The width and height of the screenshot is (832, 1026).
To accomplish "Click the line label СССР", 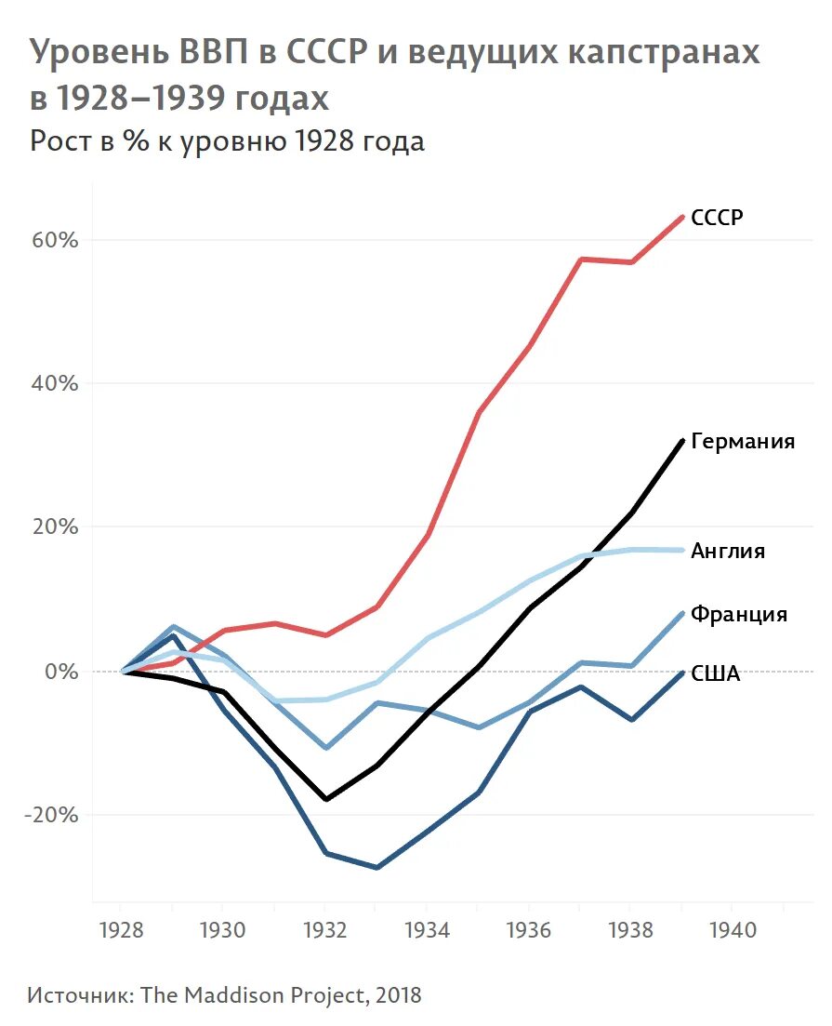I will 717,218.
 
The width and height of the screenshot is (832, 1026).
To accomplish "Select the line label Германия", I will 743,441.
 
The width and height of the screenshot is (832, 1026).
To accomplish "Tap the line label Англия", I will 728,551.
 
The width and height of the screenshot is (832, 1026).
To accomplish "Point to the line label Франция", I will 739,614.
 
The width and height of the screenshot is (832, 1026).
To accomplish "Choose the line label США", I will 716,674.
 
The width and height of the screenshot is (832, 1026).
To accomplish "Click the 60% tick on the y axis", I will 57,240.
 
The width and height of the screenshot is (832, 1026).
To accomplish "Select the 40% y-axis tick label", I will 57,383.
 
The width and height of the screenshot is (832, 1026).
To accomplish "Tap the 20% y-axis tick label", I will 57,526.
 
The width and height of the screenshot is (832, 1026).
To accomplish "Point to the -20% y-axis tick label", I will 53,814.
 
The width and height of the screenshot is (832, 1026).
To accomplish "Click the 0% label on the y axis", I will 62,671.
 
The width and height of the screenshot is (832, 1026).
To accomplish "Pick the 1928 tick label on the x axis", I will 121,929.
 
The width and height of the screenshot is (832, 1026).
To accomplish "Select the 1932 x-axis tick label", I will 324,929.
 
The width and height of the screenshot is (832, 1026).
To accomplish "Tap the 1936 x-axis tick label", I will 528,929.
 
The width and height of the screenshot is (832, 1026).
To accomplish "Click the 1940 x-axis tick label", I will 732,929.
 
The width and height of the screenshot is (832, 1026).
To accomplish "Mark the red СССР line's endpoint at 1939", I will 682,217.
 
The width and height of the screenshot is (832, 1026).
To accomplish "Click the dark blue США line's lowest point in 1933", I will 376,867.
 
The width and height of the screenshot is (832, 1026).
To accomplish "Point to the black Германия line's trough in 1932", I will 325,799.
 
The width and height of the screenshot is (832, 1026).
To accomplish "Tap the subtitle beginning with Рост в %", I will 227,141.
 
